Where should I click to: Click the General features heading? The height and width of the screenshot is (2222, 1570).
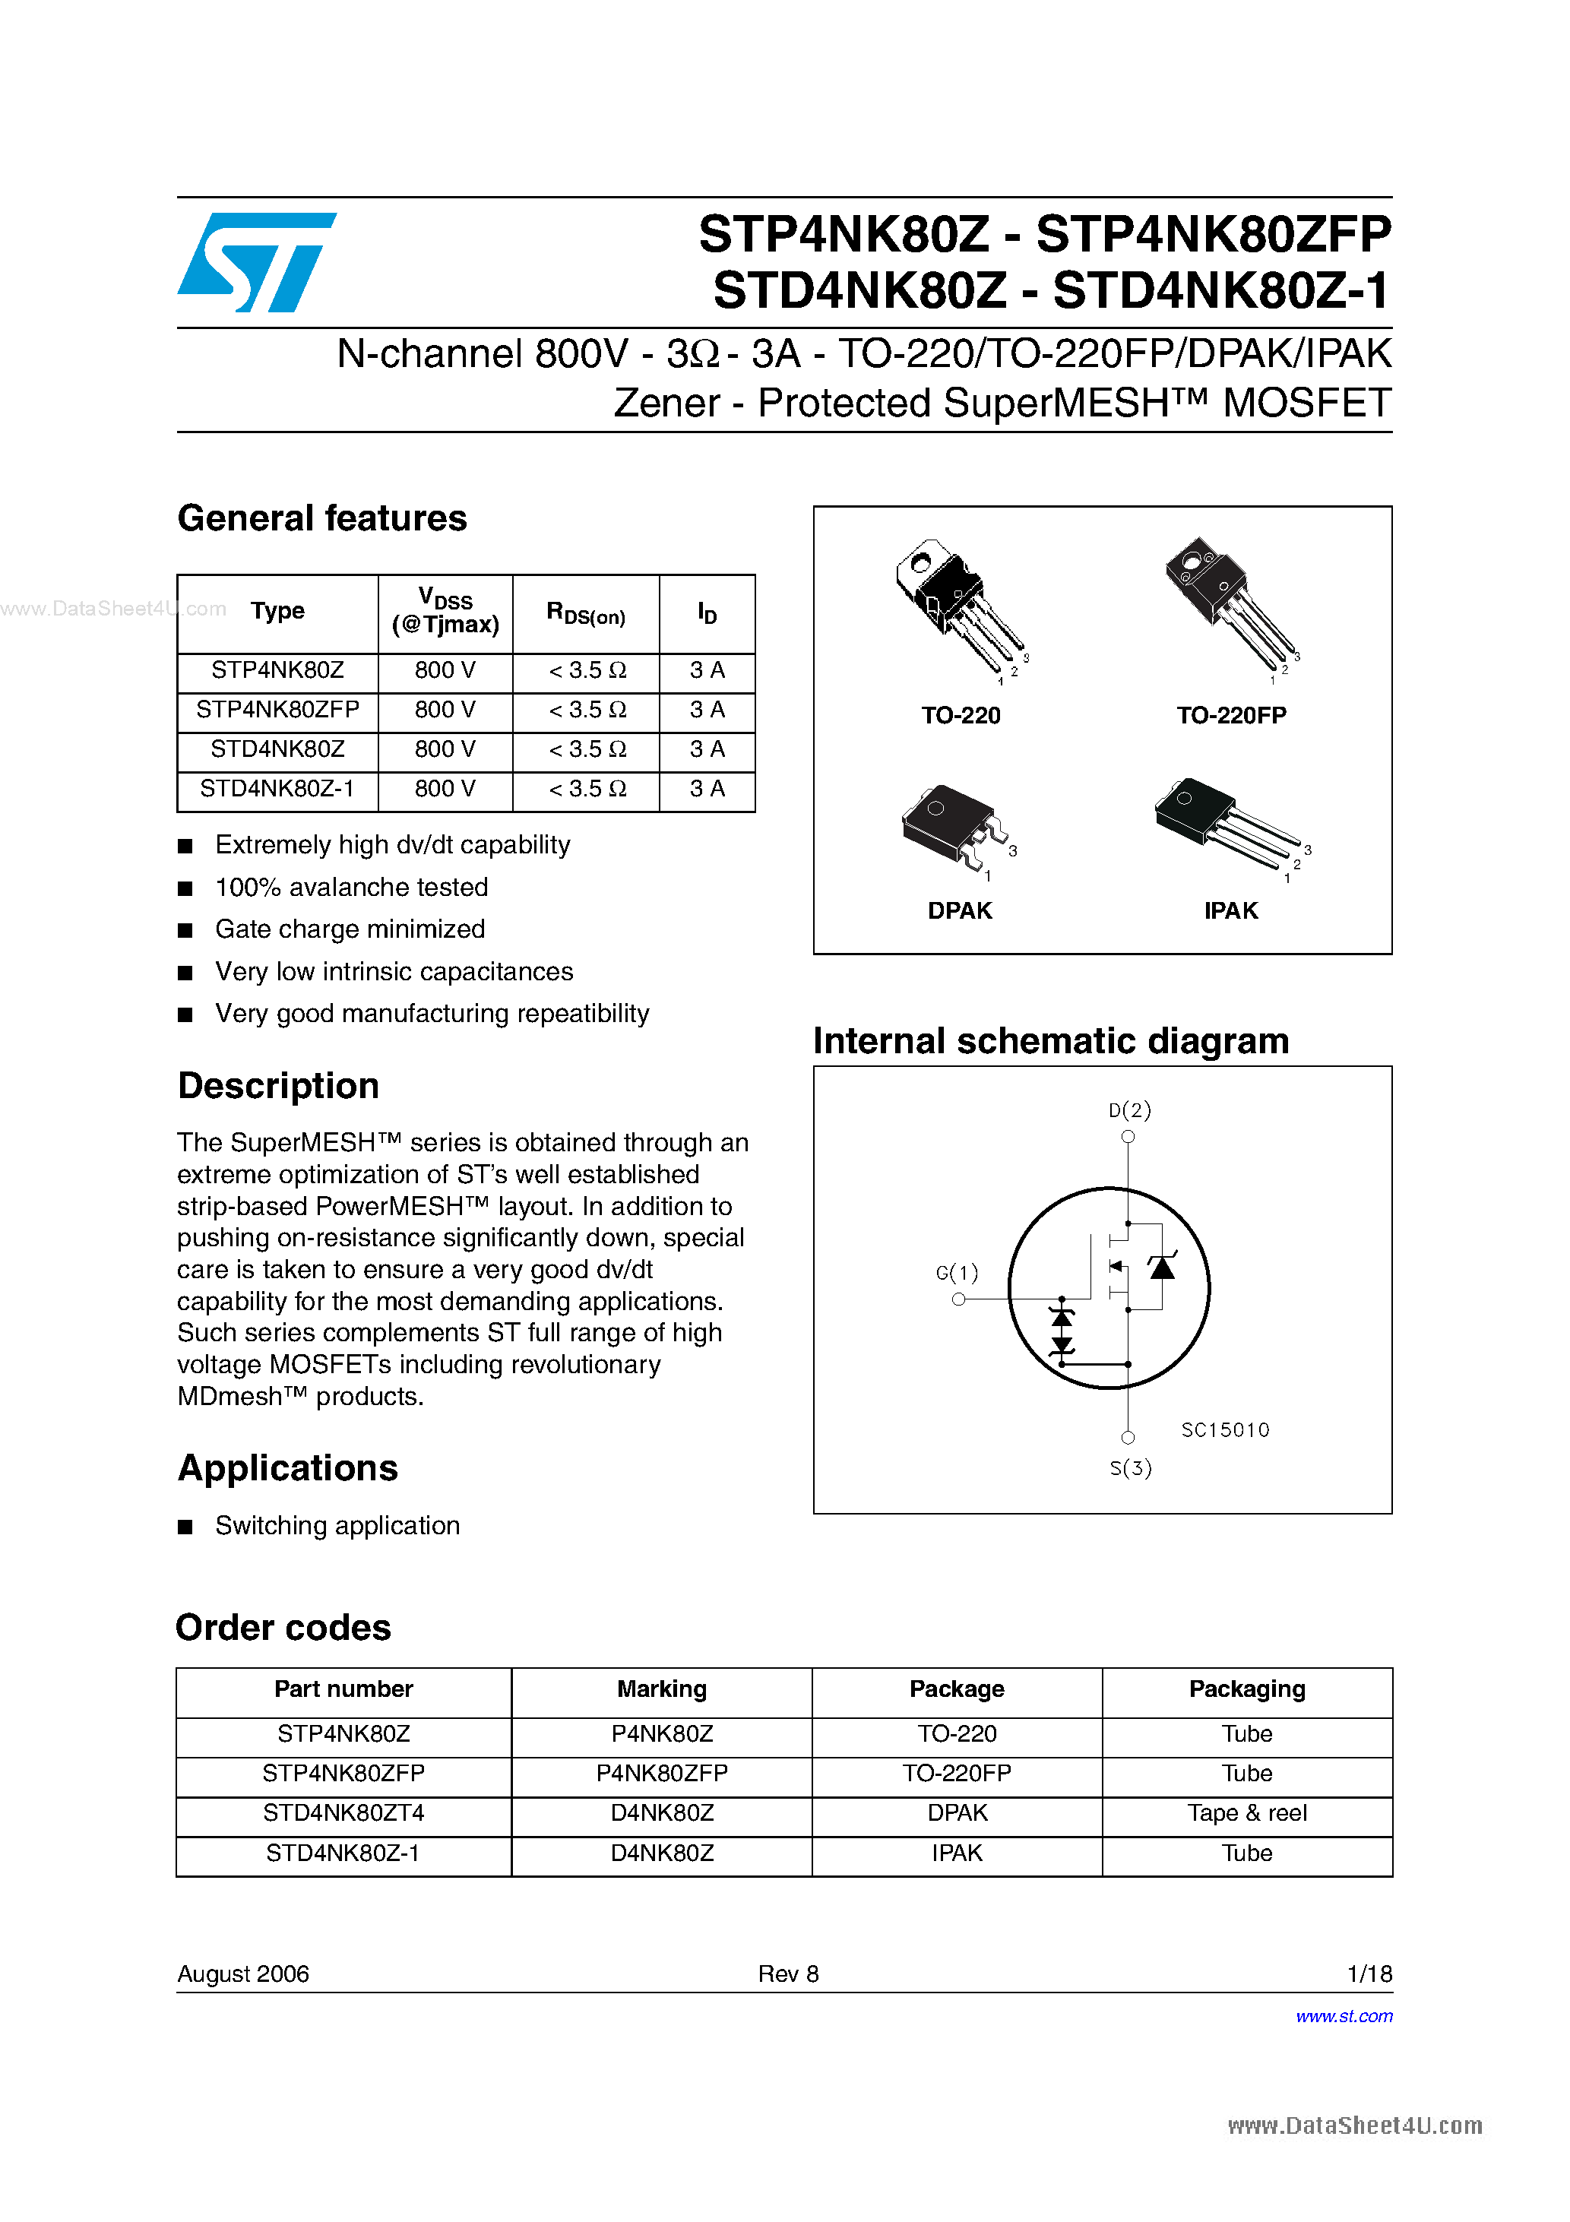pos(321,519)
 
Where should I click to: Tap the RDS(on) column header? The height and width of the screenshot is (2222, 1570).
pos(586,613)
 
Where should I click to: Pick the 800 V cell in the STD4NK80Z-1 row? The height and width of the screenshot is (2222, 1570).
pos(445,790)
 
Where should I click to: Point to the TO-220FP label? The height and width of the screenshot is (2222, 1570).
pos(1230,716)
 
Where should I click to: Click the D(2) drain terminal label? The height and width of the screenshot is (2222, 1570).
pos(1129,1110)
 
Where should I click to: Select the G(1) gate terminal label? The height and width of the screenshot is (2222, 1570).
pos(956,1273)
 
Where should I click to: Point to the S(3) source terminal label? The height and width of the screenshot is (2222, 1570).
pos(1129,1468)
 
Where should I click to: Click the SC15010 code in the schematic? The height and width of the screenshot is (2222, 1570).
pos(1224,1430)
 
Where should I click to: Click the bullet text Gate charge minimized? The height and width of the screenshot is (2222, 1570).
pos(350,930)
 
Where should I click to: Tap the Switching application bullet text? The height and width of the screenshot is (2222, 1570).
pos(337,1526)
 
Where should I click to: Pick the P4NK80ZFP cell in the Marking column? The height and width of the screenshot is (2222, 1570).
pos(661,1774)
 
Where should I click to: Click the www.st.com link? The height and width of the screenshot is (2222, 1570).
pos(1344,2017)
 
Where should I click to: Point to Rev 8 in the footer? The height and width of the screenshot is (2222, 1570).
pos(787,1974)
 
